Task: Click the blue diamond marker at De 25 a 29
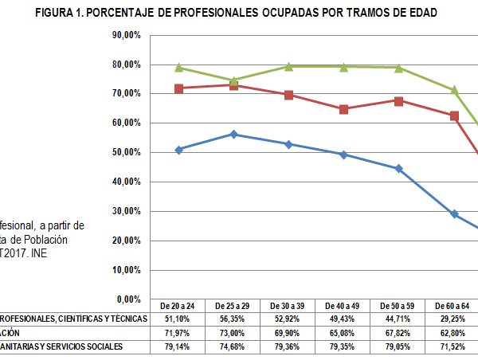click(x=233, y=135)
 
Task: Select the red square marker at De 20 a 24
click(x=179, y=88)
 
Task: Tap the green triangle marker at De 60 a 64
click(x=453, y=90)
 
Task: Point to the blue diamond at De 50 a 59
click(x=398, y=169)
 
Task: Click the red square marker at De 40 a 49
click(x=343, y=109)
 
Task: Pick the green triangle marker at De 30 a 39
click(x=288, y=67)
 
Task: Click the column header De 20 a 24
click(x=179, y=306)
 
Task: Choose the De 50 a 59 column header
click(x=398, y=306)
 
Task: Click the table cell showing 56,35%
click(x=233, y=319)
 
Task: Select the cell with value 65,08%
click(x=343, y=332)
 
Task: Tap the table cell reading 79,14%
click(x=179, y=346)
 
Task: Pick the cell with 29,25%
click(x=453, y=319)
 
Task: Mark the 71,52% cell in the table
click(x=453, y=346)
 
